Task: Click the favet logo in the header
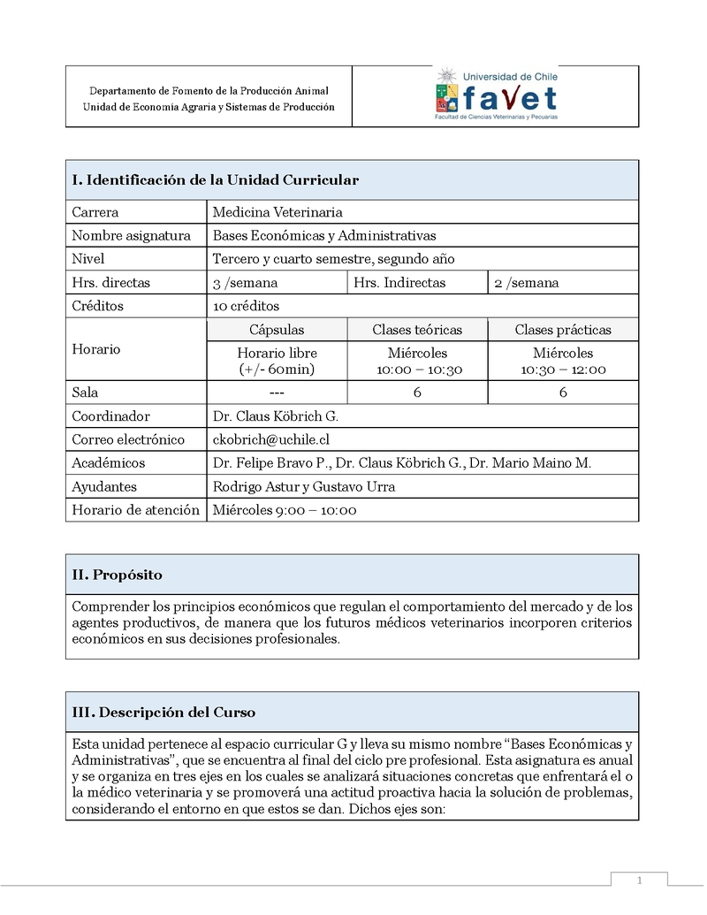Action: tap(496, 93)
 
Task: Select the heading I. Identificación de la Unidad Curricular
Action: tap(215, 180)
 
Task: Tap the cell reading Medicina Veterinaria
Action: tap(277, 212)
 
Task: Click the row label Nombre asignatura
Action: tap(131, 235)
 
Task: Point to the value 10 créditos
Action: tap(246, 306)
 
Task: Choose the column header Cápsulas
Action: tap(277, 330)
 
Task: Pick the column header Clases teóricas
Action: tap(417, 330)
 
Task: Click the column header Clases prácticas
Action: tap(563, 330)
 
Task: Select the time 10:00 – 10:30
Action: tap(417, 370)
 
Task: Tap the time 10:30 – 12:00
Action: tap(563, 370)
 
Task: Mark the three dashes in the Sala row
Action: tap(277, 393)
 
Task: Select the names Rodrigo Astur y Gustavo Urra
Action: tap(304, 486)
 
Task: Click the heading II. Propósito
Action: tap(117, 575)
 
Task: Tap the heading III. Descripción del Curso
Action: tap(163, 713)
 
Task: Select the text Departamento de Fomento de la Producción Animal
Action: tap(209, 91)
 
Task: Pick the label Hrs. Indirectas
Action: tap(399, 283)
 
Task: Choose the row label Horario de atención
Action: tap(135, 510)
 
